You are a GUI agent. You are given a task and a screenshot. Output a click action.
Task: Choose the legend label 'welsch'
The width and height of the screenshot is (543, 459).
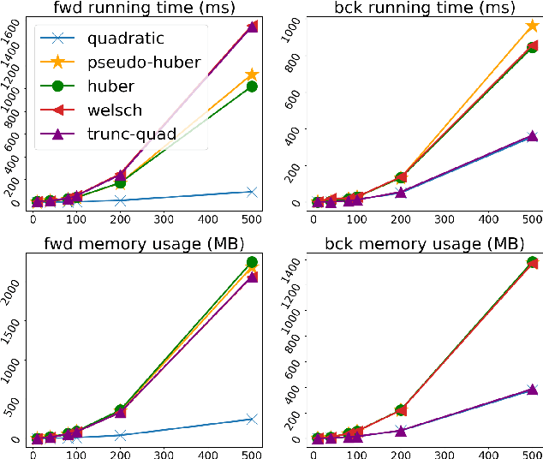(114, 110)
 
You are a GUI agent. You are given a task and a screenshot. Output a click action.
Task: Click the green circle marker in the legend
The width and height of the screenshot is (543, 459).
(58, 86)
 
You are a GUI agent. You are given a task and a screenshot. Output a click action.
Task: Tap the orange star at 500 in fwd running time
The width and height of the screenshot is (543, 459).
(251, 75)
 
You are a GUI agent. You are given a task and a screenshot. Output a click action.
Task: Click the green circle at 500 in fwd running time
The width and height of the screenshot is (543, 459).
(251, 86)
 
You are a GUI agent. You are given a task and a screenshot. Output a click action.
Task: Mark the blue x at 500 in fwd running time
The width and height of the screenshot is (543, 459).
(251, 192)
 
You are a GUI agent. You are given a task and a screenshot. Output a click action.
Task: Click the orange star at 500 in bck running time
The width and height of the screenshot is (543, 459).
(532, 27)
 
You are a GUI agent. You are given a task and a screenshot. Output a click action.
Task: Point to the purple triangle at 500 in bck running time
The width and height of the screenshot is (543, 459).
(532, 136)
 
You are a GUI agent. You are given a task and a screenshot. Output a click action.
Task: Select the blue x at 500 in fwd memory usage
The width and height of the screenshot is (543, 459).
(251, 419)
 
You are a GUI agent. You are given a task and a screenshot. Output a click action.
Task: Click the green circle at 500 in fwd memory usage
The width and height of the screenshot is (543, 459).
(251, 262)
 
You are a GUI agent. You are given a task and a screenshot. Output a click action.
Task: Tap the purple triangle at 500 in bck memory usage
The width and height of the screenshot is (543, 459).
(532, 390)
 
